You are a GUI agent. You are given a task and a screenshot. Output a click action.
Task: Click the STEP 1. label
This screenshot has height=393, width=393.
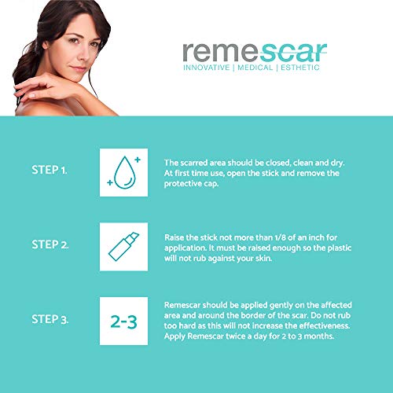[50, 169]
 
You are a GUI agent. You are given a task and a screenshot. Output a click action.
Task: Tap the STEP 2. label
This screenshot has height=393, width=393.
[50, 245]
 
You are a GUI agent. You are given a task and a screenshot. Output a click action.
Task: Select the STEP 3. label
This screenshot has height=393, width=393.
[50, 321]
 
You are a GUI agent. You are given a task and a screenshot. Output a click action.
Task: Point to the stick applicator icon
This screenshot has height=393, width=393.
[123, 245]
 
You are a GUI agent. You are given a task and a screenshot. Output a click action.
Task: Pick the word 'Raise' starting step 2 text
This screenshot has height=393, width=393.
[174, 236]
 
